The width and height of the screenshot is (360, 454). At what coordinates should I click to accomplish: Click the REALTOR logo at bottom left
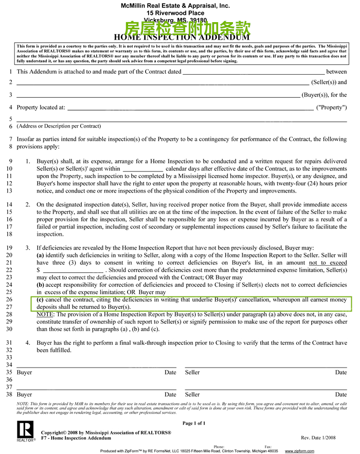tap(25, 431)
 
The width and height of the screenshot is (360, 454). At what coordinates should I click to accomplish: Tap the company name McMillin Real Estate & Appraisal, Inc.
tap(175, 5)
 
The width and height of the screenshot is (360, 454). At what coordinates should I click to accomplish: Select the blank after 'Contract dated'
tap(254, 72)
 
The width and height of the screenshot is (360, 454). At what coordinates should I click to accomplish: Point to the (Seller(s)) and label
tap(329, 82)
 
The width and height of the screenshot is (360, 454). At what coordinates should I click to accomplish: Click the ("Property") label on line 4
tap(332, 108)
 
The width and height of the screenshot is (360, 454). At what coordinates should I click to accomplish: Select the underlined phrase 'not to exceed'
tap(328, 263)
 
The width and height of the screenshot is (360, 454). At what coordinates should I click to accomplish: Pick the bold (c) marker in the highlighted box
tap(41, 299)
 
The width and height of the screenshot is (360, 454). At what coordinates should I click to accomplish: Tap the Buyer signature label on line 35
tap(24, 372)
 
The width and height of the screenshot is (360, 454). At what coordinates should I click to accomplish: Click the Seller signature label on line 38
tap(192, 395)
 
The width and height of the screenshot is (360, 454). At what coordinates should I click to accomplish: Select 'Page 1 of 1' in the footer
tap(194, 423)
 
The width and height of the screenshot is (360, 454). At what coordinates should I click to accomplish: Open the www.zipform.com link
tap(300, 451)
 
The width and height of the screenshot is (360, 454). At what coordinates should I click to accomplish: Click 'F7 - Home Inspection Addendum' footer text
tap(76, 438)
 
